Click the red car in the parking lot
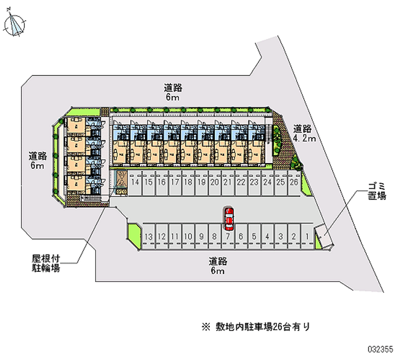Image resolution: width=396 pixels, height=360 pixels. (229, 218)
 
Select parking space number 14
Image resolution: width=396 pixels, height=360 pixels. (135, 182)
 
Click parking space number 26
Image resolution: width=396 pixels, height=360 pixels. (294, 182)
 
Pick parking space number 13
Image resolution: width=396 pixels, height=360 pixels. (148, 237)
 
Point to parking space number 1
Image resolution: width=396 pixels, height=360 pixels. (307, 237)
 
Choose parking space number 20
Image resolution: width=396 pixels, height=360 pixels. (214, 182)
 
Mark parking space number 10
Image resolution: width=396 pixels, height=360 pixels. (188, 237)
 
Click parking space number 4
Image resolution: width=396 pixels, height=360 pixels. (267, 237)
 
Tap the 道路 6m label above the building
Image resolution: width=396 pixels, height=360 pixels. (173, 93)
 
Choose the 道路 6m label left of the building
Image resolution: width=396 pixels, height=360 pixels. (38, 160)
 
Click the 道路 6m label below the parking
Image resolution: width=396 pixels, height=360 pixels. (218, 265)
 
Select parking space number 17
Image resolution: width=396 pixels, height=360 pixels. (174, 182)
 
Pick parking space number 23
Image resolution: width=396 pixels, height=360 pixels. (254, 182)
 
